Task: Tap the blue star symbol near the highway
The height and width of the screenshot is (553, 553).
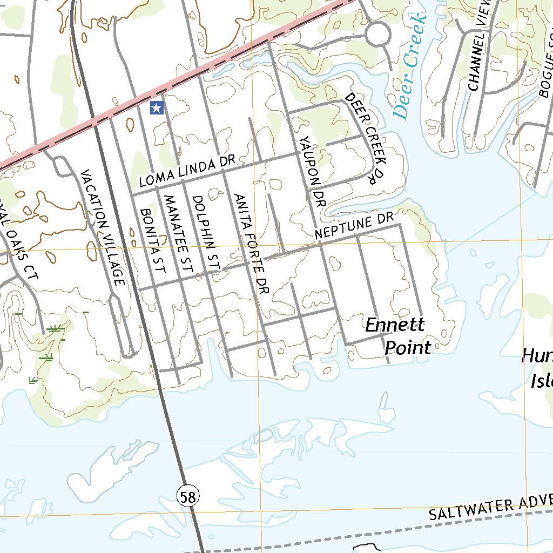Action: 157,107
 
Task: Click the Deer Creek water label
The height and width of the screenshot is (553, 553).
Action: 410,66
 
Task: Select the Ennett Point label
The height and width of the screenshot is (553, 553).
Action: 397,336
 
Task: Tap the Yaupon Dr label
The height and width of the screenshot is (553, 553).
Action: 312,172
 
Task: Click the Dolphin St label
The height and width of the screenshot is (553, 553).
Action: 207,232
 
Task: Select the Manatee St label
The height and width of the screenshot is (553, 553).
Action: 178,237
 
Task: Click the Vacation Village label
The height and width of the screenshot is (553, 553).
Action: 103,227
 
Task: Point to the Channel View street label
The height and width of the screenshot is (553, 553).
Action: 478,45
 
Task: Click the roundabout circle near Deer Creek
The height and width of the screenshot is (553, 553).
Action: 377,35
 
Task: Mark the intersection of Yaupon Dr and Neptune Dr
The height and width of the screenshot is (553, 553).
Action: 319,243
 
